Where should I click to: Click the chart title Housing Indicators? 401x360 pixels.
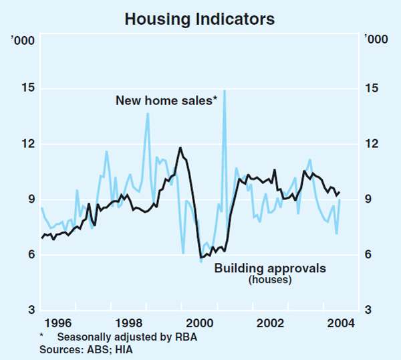pos(200,19)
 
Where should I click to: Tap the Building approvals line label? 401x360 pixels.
pos(270,268)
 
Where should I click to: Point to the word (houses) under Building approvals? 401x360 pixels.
pos(270,280)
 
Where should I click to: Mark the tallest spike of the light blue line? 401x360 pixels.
pos(224,90)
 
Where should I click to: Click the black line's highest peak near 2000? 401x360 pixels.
pos(180,148)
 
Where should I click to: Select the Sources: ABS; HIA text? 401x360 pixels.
pos(80,349)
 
